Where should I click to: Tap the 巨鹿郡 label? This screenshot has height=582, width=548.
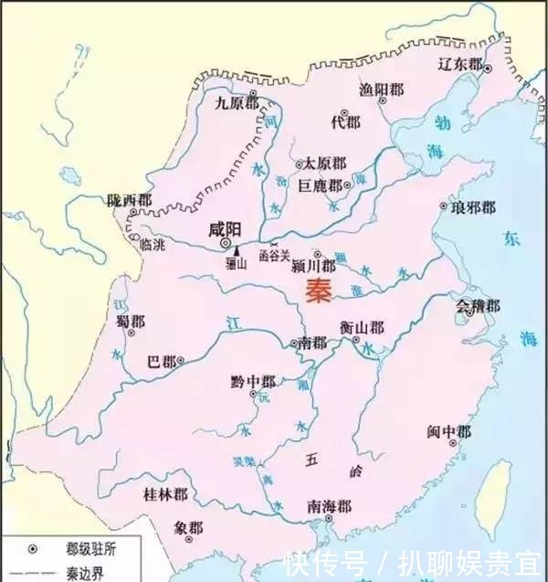(x=321, y=185)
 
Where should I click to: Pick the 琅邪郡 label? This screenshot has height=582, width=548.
(x=475, y=209)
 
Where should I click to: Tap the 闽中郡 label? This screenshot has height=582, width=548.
(x=449, y=431)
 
